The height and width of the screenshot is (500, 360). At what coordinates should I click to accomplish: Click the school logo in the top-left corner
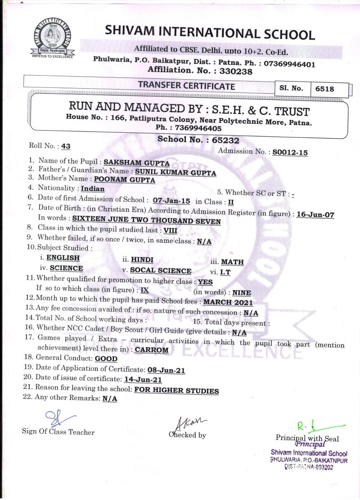[50, 37]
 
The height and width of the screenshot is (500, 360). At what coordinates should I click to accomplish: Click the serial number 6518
[324, 89]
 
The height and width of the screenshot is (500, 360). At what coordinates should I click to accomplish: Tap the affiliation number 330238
[233, 71]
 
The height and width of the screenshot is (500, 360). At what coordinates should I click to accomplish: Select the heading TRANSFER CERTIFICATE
[186, 86]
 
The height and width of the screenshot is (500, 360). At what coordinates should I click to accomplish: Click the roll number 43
[66, 145]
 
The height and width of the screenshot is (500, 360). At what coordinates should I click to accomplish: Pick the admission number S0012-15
[290, 152]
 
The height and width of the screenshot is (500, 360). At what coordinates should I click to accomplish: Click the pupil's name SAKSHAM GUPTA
[136, 163]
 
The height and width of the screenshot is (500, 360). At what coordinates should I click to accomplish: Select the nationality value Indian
[92, 188]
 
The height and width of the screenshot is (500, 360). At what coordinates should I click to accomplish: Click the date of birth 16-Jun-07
[315, 214]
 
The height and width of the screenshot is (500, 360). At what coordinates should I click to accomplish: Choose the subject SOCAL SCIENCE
[160, 271]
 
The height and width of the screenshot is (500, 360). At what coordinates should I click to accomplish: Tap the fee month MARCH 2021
[228, 302]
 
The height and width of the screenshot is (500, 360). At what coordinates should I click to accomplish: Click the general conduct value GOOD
[106, 359]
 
